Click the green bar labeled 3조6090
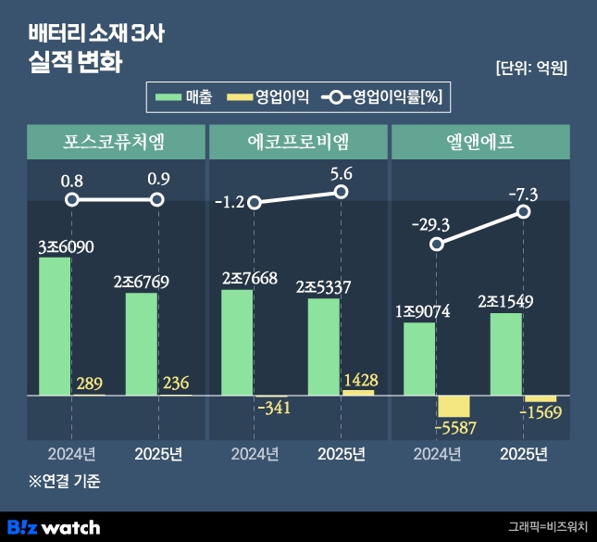pyautogui.click(x=55, y=326)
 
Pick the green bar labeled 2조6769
pyautogui.click(x=142, y=344)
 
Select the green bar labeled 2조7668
pyautogui.click(x=237, y=342)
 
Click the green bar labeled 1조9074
pyautogui.click(x=420, y=359)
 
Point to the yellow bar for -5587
pyautogui.click(x=454, y=406)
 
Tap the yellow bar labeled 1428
pyautogui.click(x=358, y=393)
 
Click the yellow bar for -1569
pyautogui.click(x=541, y=398)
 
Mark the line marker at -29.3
pyautogui.click(x=438, y=244)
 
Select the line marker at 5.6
pyautogui.click(x=341, y=192)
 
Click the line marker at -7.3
pyautogui.click(x=524, y=212)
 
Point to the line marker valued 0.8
pyautogui.click(x=72, y=200)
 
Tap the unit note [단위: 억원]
pyautogui.click(x=531, y=68)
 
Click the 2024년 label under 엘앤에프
pyautogui.click(x=437, y=454)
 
